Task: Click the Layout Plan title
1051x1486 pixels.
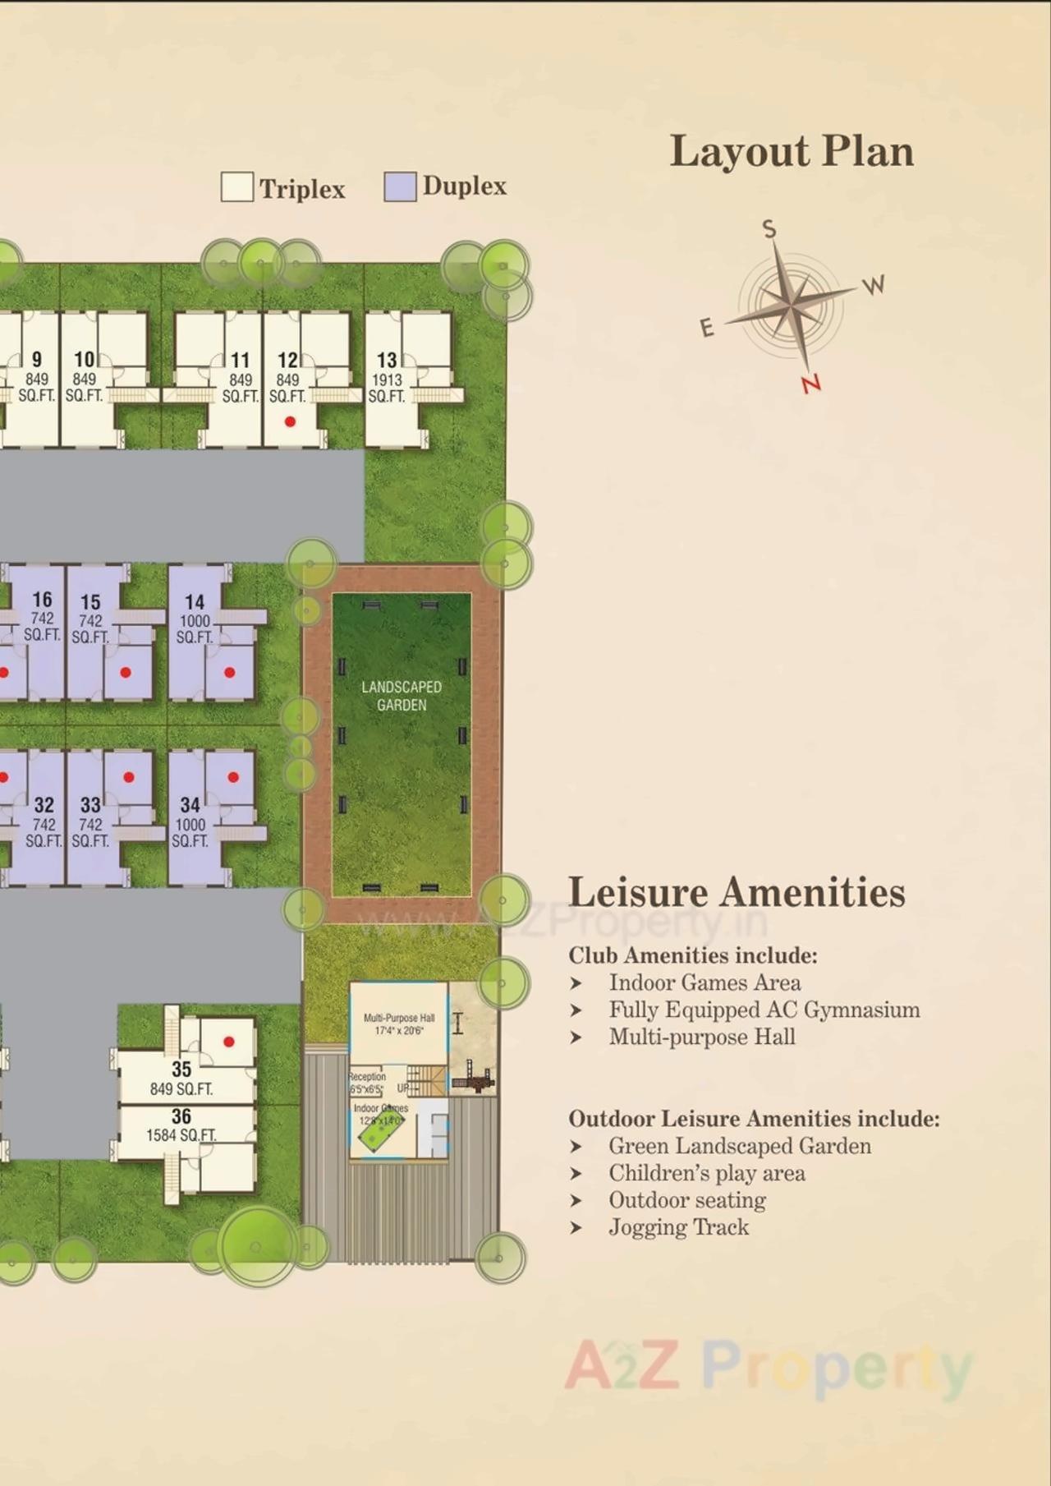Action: [792, 152]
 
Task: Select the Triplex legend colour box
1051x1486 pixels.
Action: [237, 187]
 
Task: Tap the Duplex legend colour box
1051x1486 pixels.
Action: [400, 186]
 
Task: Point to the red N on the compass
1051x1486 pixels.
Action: [811, 384]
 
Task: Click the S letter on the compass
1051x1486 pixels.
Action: [769, 229]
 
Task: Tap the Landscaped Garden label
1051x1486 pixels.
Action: [402, 696]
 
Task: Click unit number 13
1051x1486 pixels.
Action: [387, 360]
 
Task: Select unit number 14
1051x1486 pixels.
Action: [195, 602]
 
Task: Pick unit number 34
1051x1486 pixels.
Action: [190, 805]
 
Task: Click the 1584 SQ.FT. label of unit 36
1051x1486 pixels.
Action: [181, 1135]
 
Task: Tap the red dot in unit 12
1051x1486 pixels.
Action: [290, 421]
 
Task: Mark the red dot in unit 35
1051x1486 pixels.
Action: [229, 1042]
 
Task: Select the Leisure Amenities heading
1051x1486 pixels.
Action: [737, 893]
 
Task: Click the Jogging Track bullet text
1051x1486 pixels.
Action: [678, 1227]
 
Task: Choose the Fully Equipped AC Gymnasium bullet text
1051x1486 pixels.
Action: [764, 1010]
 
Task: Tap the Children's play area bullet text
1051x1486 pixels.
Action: [706, 1173]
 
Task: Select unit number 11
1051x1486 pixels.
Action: [240, 360]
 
